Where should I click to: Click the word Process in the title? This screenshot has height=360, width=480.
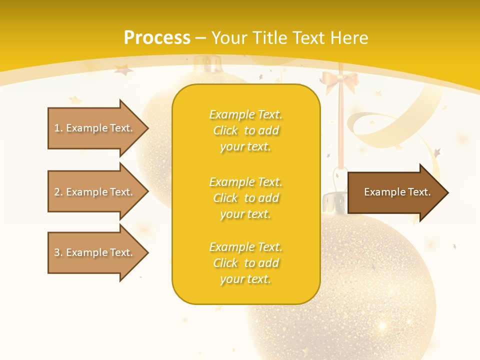[x=157, y=38]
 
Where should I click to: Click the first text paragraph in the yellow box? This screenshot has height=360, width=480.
[x=245, y=130]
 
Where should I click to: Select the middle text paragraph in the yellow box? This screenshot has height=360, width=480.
[x=245, y=198]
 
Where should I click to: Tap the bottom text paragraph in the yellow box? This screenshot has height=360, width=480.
[x=245, y=263]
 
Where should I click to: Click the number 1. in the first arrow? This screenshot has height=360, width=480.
[x=58, y=128]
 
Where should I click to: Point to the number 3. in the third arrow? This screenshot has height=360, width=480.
[x=58, y=252]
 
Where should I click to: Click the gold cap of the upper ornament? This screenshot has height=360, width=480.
[x=207, y=65]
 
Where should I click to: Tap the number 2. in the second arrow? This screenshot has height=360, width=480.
[x=58, y=192]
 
